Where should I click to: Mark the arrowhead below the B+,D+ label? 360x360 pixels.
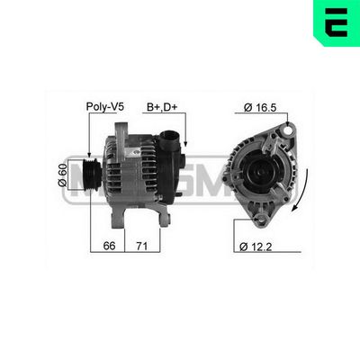point(184,145)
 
